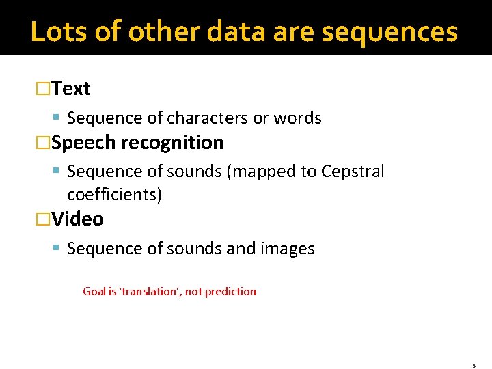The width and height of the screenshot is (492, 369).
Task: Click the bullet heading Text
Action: pos(71,89)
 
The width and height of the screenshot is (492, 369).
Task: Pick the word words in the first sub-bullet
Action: pos(297,118)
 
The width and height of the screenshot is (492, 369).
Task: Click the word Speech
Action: pos(83,143)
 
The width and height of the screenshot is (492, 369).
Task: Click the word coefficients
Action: pos(114,195)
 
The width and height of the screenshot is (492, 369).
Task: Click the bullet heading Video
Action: pos(77,219)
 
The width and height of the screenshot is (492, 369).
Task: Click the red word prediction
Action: pos(230,292)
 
